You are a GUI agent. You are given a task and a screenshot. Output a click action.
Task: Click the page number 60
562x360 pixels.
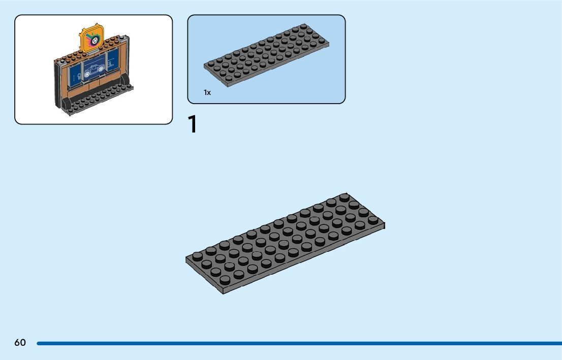click(x=20, y=343)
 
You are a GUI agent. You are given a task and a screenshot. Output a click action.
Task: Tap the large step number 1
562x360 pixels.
click(x=192, y=124)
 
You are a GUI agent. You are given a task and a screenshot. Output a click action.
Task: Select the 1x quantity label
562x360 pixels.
click(x=207, y=92)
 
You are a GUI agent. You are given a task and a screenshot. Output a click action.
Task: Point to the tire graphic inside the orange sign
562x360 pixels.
click(x=93, y=38)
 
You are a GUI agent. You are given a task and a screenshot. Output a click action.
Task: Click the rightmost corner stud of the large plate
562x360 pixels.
click(x=373, y=220)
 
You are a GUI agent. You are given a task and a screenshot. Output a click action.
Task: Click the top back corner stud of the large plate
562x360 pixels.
click(x=345, y=197)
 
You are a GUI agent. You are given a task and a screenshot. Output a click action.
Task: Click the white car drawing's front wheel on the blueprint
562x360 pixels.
click(x=87, y=74)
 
